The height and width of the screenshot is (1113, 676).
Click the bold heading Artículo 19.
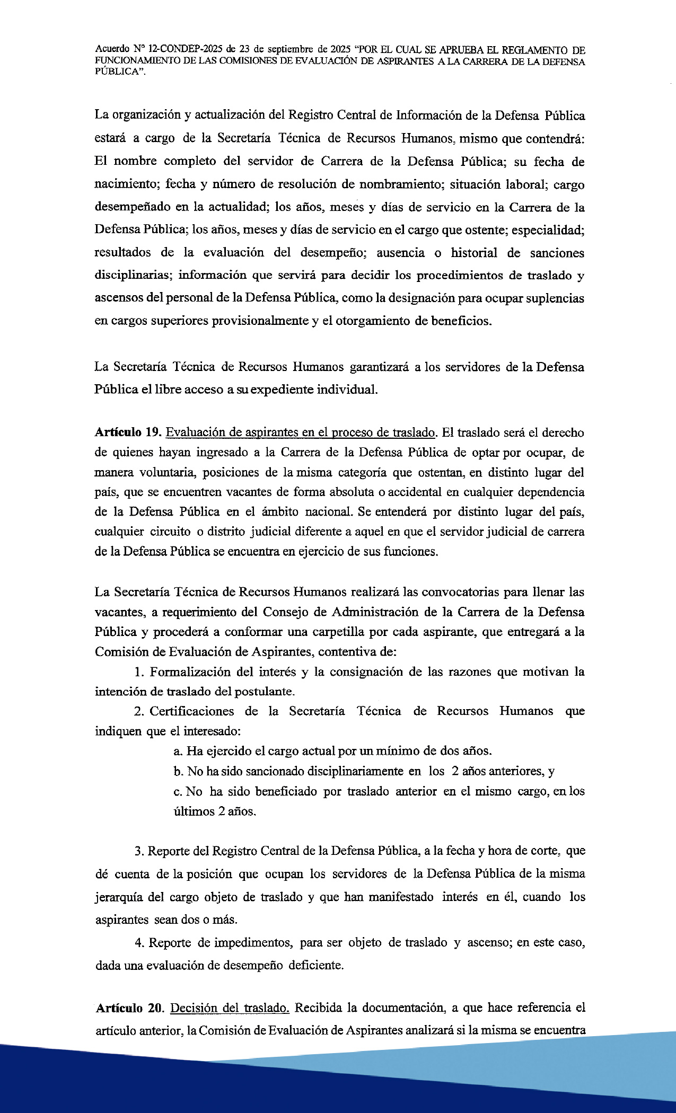(x=128, y=432)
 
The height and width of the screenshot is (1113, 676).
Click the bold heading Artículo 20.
(x=129, y=1008)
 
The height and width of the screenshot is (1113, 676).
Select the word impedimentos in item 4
(x=253, y=943)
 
